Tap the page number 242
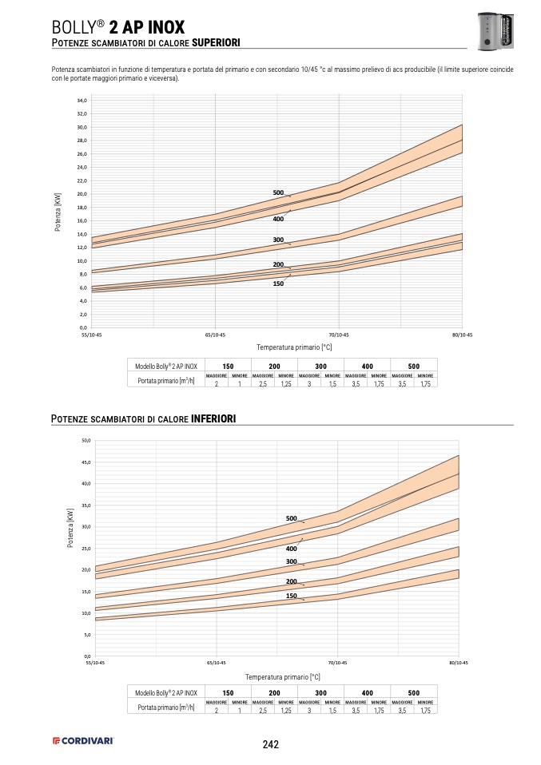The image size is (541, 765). [x=270, y=744]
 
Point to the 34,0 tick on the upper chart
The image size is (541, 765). [x=82, y=101]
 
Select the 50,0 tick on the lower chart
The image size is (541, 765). [x=86, y=440]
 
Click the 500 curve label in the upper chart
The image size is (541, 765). [x=278, y=192]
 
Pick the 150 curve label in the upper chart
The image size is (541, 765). [x=278, y=283]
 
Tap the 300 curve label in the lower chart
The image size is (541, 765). [x=292, y=561]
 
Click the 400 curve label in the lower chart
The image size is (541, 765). [x=292, y=549]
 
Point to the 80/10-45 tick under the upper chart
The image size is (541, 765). [x=462, y=335]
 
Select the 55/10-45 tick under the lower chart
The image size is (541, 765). [x=94, y=662]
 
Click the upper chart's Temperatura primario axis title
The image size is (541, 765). [x=294, y=347]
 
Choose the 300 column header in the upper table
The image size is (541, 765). [x=321, y=366]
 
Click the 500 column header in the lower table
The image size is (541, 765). [x=414, y=692]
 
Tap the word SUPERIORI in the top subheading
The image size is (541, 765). [x=211, y=42]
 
